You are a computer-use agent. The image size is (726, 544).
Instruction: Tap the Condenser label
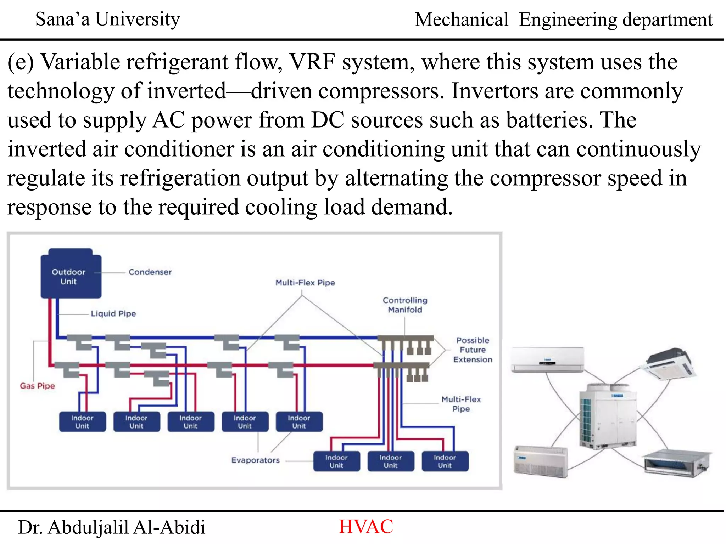pyautogui.click(x=150, y=272)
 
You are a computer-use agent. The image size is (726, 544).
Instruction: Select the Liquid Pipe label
pyautogui.click(x=113, y=313)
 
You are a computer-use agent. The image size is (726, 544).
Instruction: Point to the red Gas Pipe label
pyautogui.click(x=37, y=386)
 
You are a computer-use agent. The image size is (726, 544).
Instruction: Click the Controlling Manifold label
pyautogui.click(x=405, y=305)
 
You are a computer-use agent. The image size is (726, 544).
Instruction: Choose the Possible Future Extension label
pyautogui.click(x=473, y=350)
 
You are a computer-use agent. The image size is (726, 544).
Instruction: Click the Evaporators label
pyautogui.click(x=255, y=460)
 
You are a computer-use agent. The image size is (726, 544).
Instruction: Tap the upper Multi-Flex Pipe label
pyautogui.click(x=305, y=283)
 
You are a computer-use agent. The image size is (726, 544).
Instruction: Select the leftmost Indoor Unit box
pyautogui.click(x=82, y=422)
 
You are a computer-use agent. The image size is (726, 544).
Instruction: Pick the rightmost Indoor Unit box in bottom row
pyautogui.click(x=445, y=461)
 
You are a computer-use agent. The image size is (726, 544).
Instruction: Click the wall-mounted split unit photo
pyautogui.click(x=547, y=359)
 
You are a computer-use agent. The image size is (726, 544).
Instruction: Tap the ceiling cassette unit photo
pyautogui.click(x=668, y=365)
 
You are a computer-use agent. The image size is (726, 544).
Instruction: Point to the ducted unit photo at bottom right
pyautogui.click(x=676, y=463)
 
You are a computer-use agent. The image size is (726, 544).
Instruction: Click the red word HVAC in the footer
pyautogui.click(x=366, y=527)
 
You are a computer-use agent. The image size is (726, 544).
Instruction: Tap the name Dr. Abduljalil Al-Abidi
pyautogui.click(x=112, y=527)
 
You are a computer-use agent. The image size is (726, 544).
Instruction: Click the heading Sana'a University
pyautogui.click(x=108, y=19)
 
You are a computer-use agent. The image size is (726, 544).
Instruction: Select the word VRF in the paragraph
pyautogui.click(x=312, y=62)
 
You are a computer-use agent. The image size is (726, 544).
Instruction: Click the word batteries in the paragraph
pyautogui.click(x=549, y=120)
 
